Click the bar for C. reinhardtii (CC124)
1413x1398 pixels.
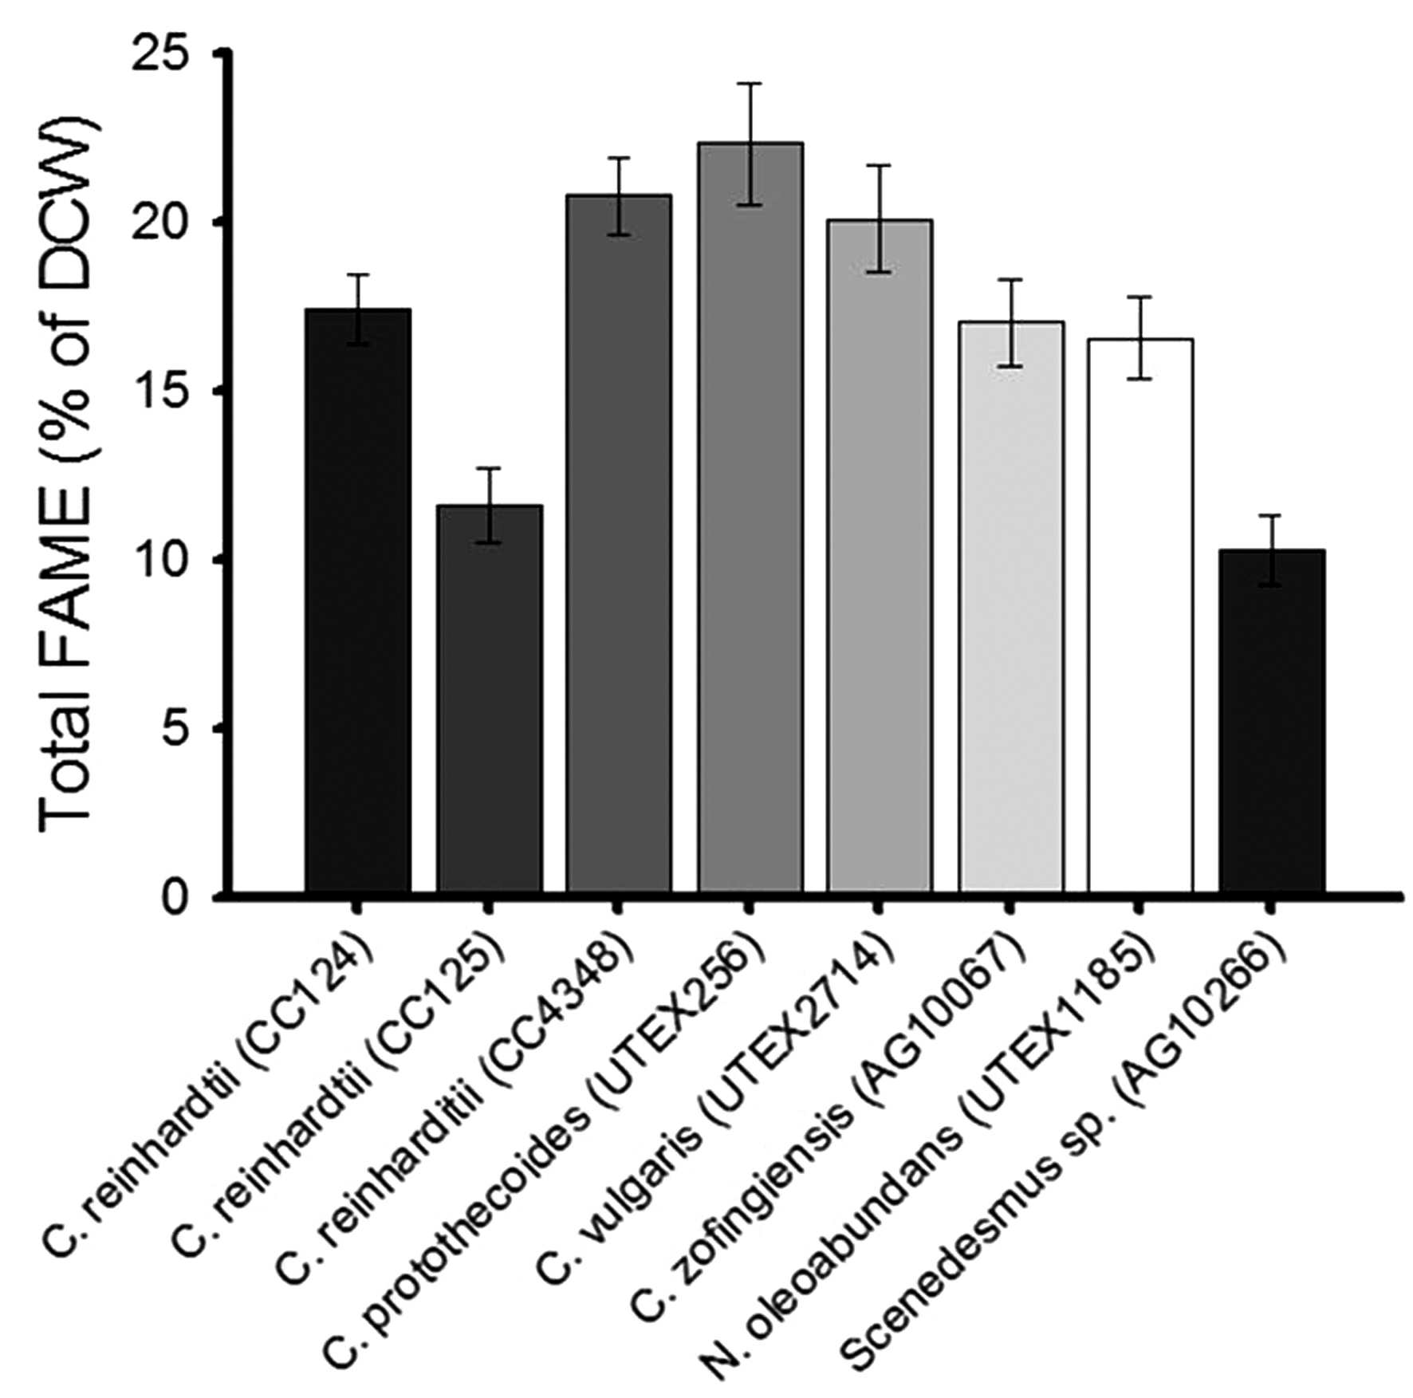[358, 601]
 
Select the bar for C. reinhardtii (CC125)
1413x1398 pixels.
[490, 699]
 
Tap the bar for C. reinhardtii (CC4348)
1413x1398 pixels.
[619, 544]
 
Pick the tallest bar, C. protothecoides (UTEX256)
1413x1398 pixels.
[750, 518]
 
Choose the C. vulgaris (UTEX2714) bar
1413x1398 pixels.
[880, 556]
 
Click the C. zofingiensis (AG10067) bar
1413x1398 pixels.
[1011, 607]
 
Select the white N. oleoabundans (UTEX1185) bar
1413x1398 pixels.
[1140, 616]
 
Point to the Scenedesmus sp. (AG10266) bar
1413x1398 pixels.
[1272, 721]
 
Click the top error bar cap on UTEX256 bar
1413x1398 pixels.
[750, 83]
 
